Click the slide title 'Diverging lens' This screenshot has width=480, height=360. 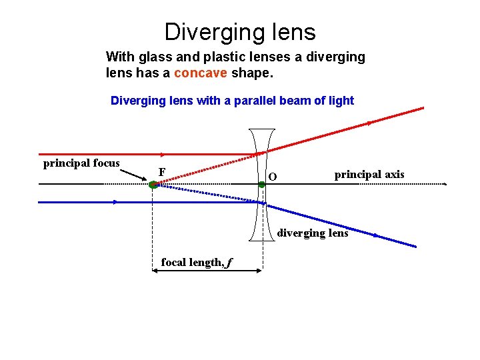coord(240,31)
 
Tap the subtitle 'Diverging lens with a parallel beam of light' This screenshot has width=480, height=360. coord(232,101)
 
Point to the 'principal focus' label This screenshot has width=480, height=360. coord(81,163)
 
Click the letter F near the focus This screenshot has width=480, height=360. coord(162,172)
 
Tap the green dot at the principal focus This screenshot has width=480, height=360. coord(153,185)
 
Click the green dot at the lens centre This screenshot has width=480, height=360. coord(262,185)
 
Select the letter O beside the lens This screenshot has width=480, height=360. coord(271,177)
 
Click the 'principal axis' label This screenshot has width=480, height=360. coord(369,175)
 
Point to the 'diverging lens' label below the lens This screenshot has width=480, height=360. coord(312,233)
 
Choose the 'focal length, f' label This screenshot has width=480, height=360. coord(197,263)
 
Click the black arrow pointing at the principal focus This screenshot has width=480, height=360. coord(133,175)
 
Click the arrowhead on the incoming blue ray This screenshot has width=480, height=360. coord(115,201)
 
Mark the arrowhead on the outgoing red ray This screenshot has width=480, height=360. coord(369,123)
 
